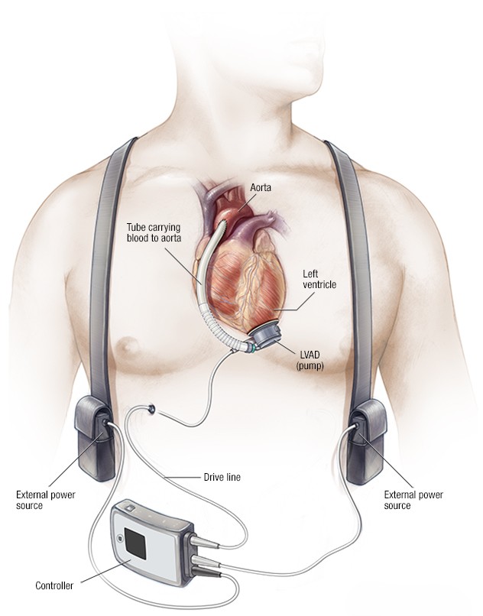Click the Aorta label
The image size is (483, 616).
tap(261, 187)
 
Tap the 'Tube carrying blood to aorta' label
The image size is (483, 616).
tap(154, 232)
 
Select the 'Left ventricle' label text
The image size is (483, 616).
tap(319, 278)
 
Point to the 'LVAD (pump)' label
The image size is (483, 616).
tap(310, 360)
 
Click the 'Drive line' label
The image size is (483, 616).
tap(222, 477)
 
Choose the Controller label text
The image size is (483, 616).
tap(54, 585)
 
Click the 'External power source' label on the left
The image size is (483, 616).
tap(46, 500)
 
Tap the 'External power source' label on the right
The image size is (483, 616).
tap(413, 500)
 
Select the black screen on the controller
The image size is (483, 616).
tap(135, 543)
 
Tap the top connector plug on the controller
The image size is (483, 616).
tap(203, 542)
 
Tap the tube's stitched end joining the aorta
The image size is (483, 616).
tap(222, 226)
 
